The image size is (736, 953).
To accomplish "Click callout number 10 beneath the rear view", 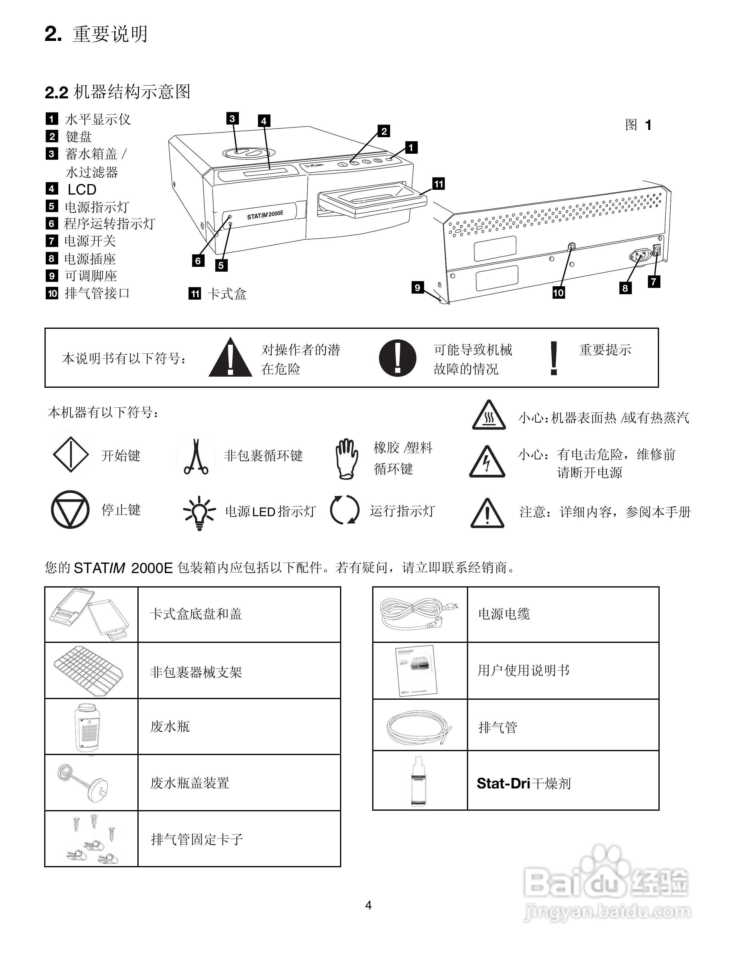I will coord(559,293).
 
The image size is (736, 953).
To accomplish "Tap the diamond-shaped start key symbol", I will coord(71,455).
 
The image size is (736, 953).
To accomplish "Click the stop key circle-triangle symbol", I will coord(70,510).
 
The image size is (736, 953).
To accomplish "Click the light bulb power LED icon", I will coord(199,512).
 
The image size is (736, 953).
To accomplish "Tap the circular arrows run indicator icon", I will coord(345,510).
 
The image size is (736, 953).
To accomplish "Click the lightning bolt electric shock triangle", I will coord(487,463).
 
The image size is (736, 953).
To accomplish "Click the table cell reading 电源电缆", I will coord(504,614).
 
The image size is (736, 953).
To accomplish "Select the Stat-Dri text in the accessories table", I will coord(503,783).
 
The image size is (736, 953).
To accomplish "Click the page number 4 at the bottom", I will coord(368,905).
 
